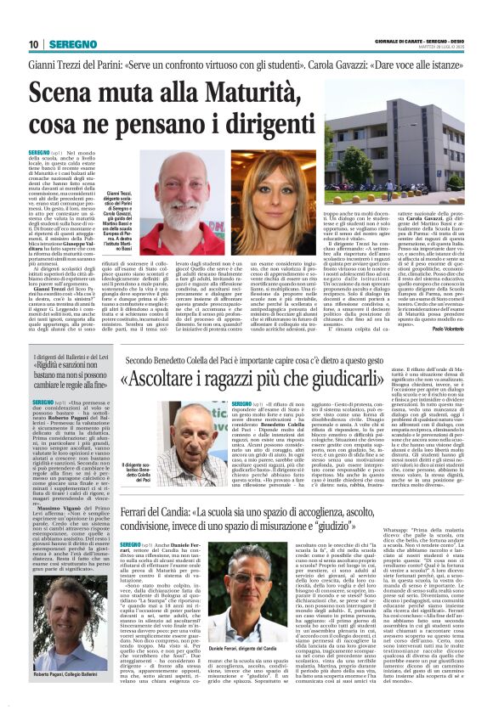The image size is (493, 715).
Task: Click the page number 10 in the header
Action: pos(33,44)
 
